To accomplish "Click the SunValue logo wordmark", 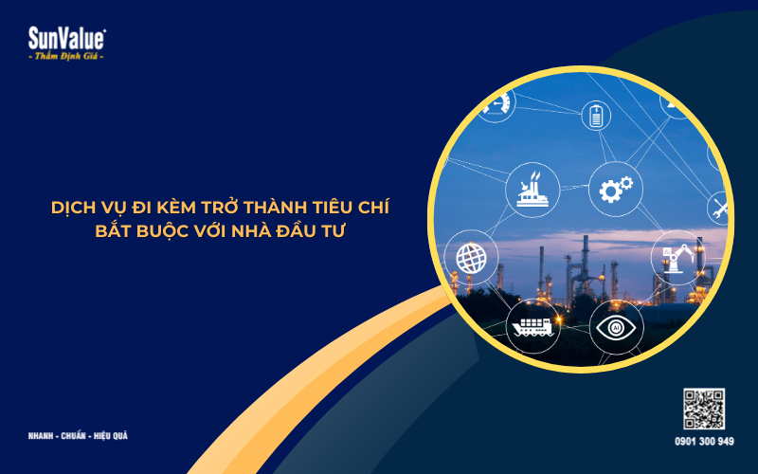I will (67, 38).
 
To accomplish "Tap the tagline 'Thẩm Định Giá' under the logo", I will (67, 57).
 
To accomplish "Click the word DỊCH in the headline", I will (75, 205).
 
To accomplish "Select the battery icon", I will (596, 116).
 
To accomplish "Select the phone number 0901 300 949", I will (704, 441).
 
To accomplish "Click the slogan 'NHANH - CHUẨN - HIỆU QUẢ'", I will (79, 436).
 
